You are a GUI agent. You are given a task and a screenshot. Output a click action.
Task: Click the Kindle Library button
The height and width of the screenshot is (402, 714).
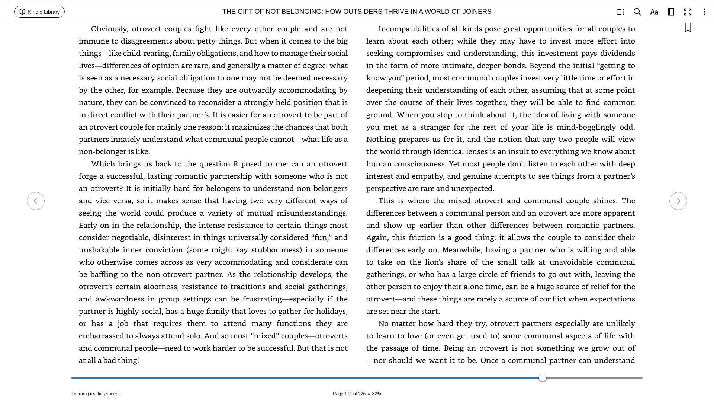pyautogui.click(x=39, y=12)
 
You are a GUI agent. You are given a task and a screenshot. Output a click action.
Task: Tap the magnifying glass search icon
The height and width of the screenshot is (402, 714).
pyautogui.click(x=637, y=12)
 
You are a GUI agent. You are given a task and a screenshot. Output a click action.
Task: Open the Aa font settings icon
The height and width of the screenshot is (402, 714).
pyautogui.click(x=654, y=12)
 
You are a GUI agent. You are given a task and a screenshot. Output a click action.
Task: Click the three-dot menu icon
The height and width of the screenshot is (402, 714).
pyautogui.click(x=704, y=12)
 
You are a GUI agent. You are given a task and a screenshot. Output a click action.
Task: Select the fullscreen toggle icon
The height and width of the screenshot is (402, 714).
pyautogui.click(x=687, y=12)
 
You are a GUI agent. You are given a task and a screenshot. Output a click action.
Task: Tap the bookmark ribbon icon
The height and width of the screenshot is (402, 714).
pyautogui.click(x=688, y=28)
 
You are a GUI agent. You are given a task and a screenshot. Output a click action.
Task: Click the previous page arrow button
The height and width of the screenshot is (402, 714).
pyautogui.click(x=36, y=201)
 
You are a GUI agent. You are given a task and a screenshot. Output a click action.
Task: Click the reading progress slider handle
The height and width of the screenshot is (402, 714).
pyautogui.click(x=543, y=378)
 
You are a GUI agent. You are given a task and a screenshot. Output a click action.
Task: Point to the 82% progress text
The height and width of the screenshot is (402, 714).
pyautogui.click(x=376, y=394)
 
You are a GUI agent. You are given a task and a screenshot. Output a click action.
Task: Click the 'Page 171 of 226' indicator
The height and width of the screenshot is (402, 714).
pyautogui.click(x=349, y=394)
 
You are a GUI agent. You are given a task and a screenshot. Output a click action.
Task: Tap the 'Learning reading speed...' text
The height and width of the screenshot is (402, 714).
pyautogui.click(x=97, y=394)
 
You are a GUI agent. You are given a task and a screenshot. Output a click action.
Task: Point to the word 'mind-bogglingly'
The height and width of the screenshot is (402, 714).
pyautogui.click(x=586, y=127)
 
